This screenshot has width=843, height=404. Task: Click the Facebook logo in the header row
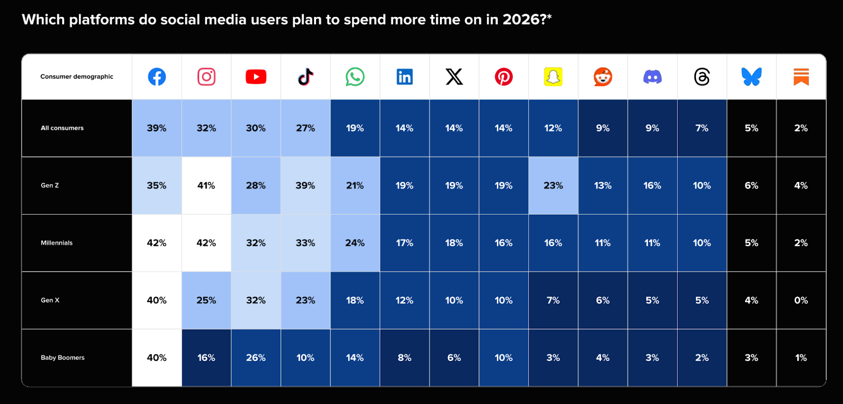(x=156, y=77)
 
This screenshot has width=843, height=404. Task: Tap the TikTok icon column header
(x=306, y=77)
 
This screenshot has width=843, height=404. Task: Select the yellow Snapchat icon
(x=553, y=77)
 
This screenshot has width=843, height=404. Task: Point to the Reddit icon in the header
(x=603, y=77)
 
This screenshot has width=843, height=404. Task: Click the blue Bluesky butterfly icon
(x=751, y=77)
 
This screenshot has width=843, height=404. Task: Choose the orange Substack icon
(x=801, y=77)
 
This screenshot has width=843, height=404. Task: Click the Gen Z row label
(x=50, y=186)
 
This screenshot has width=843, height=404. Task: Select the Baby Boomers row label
(x=63, y=358)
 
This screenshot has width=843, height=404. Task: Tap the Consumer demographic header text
(x=77, y=76)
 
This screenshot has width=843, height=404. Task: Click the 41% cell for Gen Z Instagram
(x=206, y=186)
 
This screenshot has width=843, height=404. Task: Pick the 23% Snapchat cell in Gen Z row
(x=553, y=186)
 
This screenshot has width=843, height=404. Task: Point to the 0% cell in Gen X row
(x=801, y=300)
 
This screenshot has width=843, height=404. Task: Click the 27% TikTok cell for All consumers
(x=306, y=128)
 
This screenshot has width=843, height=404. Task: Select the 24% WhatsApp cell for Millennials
(x=355, y=243)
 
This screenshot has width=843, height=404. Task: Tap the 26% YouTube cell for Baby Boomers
(x=256, y=358)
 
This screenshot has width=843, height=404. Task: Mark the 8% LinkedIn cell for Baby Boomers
(x=405, y=358)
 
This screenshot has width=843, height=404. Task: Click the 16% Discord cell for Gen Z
(x=652, y=186)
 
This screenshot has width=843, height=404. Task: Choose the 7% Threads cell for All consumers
(x=702, y=128)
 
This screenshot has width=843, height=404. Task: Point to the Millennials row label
(x=57, y=243)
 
